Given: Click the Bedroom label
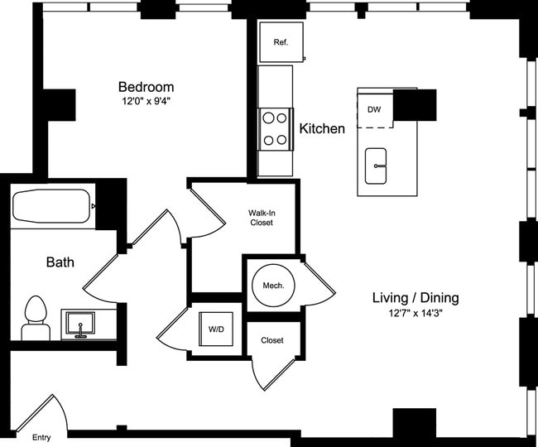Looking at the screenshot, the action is pyautogui.click(x=147, y=87).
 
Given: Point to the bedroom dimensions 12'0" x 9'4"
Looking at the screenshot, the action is pyautogui.click(x=147, y=102).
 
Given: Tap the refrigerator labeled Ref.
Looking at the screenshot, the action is pyautogui.click(x=281, y=42).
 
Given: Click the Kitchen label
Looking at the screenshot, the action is pyautogui.click(x=322, y=128).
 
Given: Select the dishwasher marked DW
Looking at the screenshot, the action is pyautogui.click(x=375, y=110).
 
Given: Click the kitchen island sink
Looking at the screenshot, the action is pyautogui.click(x=376, y=166).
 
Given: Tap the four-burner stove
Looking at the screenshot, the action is pyautogui.click(x=275, y=129).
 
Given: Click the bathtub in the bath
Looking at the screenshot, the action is pyautogui.click(x=52, y=206).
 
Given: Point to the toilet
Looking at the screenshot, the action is pyautogui.click(x=36, y=318).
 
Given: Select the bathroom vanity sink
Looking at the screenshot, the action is pyautogui.click(x=80, y=324).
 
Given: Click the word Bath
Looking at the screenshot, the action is pyautogui.click(x=60, y=262).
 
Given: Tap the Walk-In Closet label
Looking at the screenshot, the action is pyautogui.click(x=262, y=218).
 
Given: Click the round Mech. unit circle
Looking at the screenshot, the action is pyautogui.click(x=273, y=286).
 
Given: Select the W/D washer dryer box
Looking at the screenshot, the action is pyautogui.click(x=216, y=329).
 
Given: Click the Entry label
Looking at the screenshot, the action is pyautogui.click(x=41, y=438).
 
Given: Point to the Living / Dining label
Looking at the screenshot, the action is pyautogui.click(x=416, y=297).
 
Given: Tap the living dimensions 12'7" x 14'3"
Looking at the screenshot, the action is pyautogui.click(x=416, y=313).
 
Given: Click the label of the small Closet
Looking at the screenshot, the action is pyautogui.click(x=272, y=340).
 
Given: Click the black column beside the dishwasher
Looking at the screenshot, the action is pyautogui.click(x=415, y=105).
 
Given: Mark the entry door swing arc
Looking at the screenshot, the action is pyautogui.click(x=63, y=411).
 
